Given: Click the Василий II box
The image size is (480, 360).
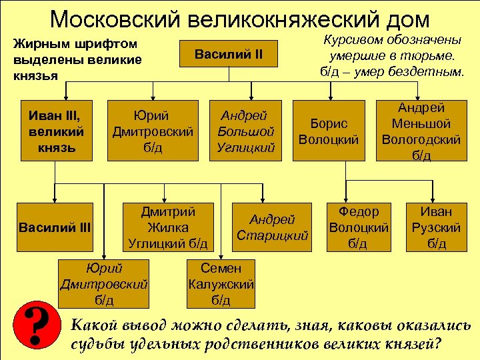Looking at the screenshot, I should (x=229, y=53).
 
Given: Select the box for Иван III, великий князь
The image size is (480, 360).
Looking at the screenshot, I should (x=56, y=131).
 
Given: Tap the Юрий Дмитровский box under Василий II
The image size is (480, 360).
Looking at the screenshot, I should (x=153, y=131).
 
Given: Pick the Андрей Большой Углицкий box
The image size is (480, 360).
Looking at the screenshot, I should (x=246, y=131).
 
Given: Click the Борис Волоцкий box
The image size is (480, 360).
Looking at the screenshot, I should (x=329, y=131).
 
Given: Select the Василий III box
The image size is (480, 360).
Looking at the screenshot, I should (x=55, y=227).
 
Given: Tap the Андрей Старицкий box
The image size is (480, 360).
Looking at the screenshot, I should (x=272, y=227).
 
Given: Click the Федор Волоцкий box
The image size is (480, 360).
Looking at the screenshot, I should (x=359, y=227).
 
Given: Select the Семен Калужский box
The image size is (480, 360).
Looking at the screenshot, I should (x=221, y=284).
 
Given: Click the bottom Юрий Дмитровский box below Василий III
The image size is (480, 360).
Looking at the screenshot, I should (x=103, y=284).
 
